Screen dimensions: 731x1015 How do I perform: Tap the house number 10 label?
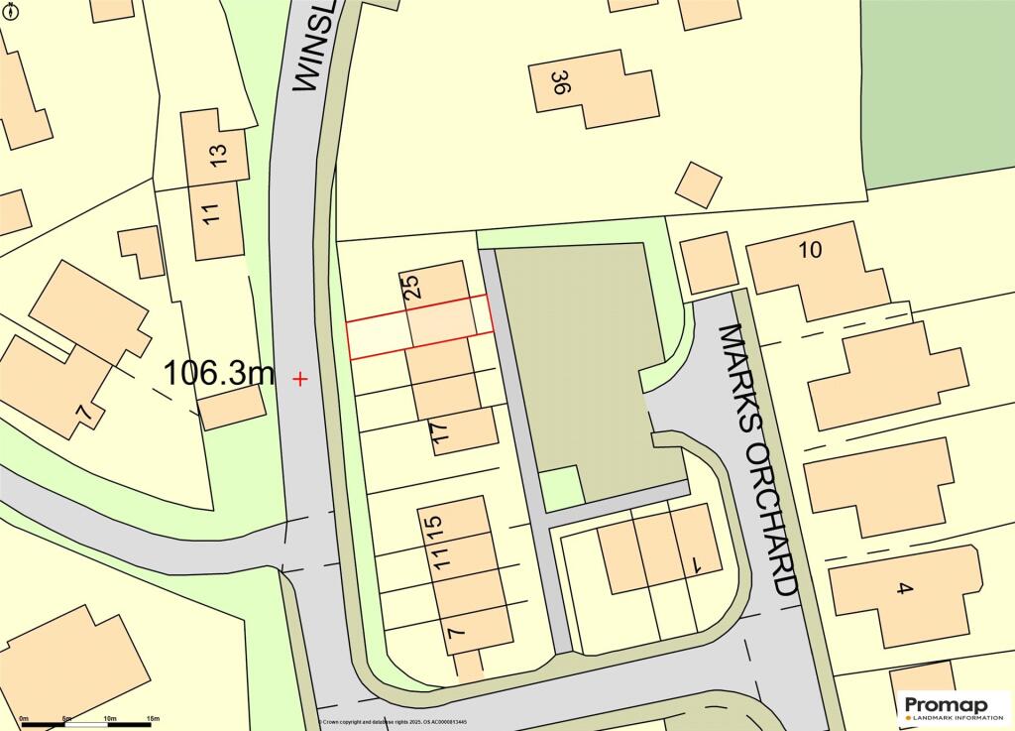(810, 250)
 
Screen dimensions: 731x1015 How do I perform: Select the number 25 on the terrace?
(413, 287)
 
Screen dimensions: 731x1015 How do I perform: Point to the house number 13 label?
(219, 154)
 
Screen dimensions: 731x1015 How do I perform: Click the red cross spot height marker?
(300, 378)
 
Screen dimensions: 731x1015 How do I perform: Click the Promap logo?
(955, 707)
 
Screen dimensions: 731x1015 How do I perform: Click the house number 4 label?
(903, 589)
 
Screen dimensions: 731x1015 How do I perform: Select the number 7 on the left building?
(86, 410)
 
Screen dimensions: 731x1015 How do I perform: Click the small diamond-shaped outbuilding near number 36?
(699, 184)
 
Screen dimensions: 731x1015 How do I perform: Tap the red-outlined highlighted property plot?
(419, 326)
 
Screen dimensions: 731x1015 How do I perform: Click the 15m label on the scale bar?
(153, 717)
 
